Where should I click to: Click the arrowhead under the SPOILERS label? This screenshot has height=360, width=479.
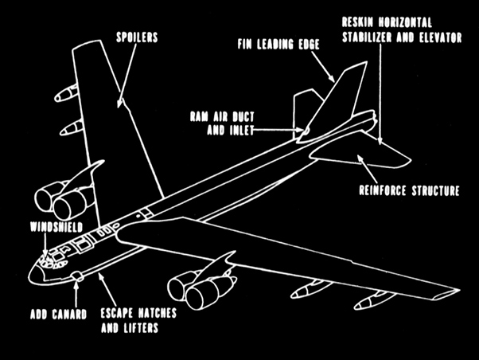tap(121, 102)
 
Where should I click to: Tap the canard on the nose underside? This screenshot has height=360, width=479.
tap(77, 276)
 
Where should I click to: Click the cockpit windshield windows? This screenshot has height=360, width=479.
tap(51, 256)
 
